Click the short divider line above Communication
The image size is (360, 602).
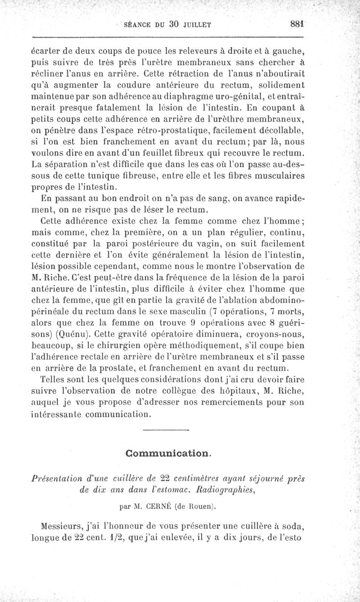point(165,431)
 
